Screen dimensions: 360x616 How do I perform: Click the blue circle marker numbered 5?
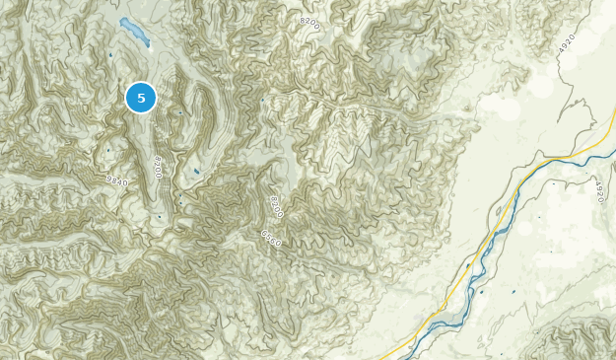click(141, 98)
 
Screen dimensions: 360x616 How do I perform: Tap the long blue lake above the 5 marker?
click(135, 33)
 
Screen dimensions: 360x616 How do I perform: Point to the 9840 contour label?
click(116, 179)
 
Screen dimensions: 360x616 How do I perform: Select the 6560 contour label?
click(271, 237)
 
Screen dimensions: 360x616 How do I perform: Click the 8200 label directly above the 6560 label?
click(276, 207)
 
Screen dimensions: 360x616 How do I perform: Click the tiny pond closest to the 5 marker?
click(178, 111)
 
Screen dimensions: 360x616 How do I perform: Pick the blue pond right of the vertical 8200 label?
click(197, 175)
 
